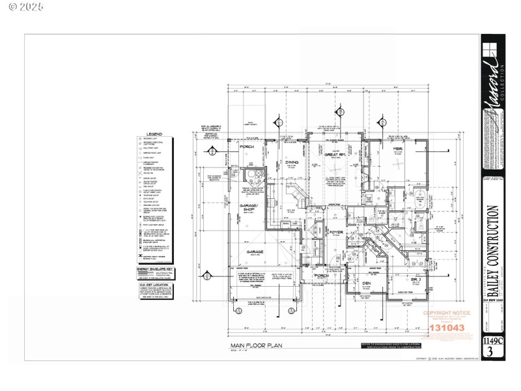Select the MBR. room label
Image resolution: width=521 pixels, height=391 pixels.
[x=398, y=149]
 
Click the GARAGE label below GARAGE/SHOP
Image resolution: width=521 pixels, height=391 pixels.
[x=254, y=251]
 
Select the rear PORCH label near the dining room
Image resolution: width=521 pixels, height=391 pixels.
[x=247, y=147]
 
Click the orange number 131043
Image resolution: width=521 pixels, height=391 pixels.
[x=447, y=328]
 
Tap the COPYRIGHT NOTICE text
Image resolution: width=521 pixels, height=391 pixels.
[x=446, y=313]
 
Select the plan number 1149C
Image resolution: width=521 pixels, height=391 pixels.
[x=492, y=340]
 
